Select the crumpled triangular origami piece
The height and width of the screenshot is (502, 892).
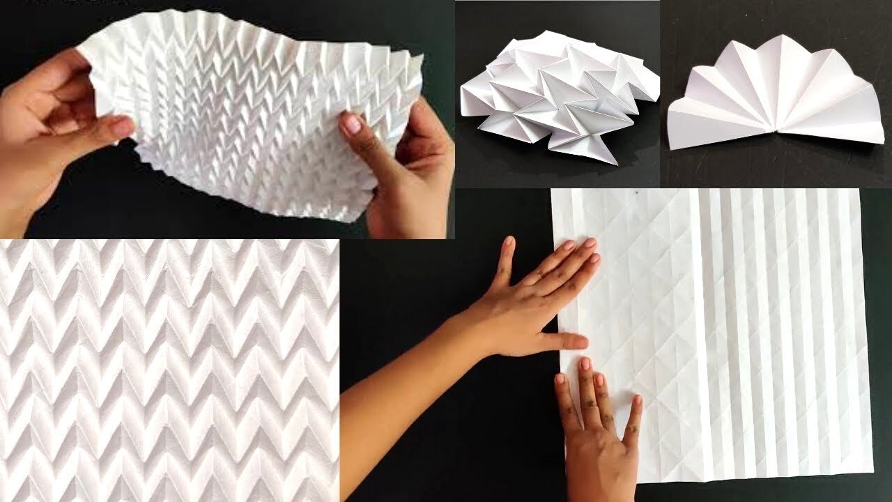557,98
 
